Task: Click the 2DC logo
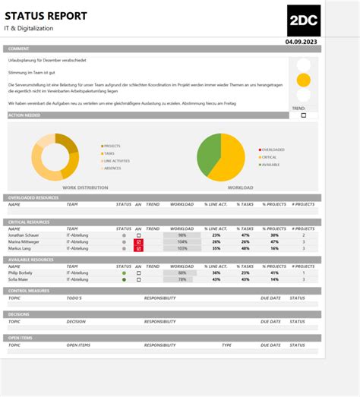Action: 304,20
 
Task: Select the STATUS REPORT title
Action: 47,16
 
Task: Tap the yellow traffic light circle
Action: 304,80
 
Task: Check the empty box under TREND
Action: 304,115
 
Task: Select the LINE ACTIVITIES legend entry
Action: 118,161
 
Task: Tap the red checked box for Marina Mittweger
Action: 138,242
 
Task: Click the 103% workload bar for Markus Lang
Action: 182,248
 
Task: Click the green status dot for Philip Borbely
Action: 124,273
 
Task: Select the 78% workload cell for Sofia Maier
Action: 182,279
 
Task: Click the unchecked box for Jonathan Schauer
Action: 138,235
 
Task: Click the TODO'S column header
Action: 74,298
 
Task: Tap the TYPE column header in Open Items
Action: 226,345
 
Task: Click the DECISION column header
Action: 76,321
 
